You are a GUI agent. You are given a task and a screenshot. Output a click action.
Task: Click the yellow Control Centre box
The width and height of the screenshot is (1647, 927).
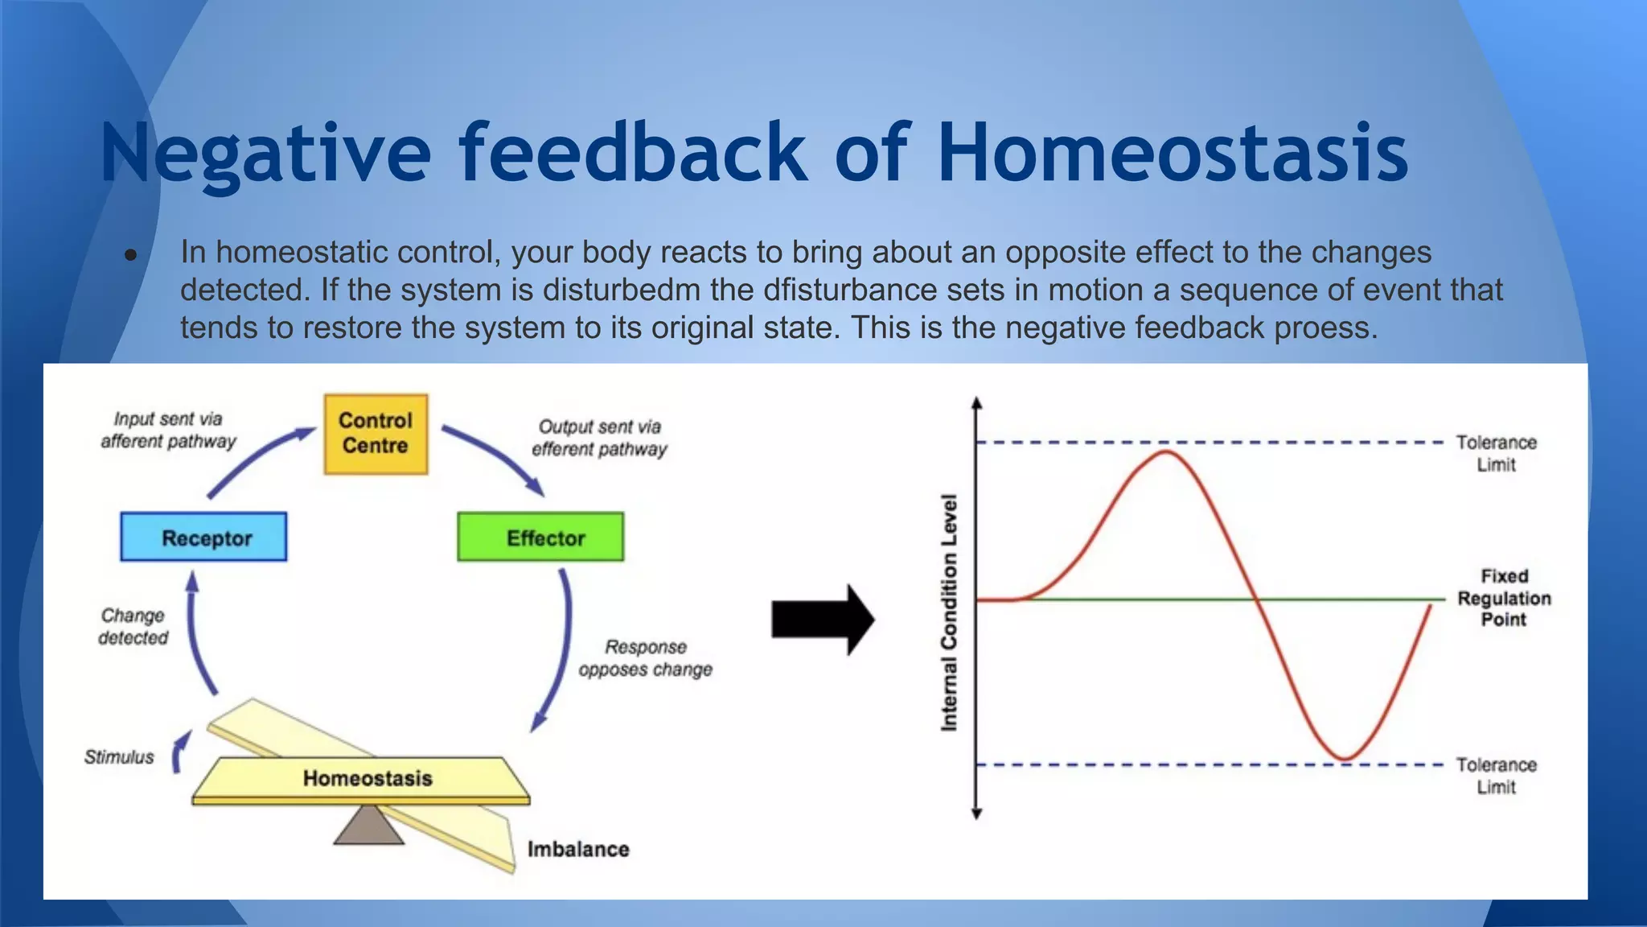click(376, 434)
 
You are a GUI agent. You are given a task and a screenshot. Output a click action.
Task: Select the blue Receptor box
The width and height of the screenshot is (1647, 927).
click(203, 538)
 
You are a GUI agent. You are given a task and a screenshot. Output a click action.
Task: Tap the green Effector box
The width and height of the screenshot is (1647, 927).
click(540, 538)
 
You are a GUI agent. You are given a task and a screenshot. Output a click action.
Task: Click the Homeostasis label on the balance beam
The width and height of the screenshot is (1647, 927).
click(368, 778)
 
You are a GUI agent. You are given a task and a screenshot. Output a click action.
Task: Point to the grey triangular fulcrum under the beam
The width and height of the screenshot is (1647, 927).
click(368, 827)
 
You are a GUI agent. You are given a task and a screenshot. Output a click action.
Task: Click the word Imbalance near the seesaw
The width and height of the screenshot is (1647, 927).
click(578, 849)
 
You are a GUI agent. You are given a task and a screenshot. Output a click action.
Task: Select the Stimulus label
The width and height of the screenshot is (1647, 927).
click(119, 757)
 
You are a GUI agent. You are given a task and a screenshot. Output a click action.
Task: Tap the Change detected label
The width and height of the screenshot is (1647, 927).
click(133, 627)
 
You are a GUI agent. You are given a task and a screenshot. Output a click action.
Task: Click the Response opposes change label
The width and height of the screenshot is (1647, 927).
click(645, 658)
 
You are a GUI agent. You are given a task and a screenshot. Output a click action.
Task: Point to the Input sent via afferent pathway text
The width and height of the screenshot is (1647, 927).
click(168, 430)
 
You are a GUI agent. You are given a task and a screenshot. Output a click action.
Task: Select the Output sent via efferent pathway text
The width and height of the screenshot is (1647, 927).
click(599, 438)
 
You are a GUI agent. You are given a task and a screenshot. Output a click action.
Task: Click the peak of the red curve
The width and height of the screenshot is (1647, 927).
click(1167, 452)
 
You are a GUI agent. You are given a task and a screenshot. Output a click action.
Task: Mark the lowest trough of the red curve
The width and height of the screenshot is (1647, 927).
click(1345, 758)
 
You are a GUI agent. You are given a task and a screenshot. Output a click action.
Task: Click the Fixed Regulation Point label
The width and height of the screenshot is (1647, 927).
click(1504, 598)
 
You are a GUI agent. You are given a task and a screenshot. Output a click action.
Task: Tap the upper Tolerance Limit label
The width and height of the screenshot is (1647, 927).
click(1496, 453)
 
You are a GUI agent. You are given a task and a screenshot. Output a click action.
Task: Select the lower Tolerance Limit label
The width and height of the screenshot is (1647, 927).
click(1496, 776)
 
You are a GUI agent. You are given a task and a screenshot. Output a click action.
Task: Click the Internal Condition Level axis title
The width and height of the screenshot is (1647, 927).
click(950, 612)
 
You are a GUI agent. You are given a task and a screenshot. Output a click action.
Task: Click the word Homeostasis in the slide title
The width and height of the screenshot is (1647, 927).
click(1173, 153)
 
